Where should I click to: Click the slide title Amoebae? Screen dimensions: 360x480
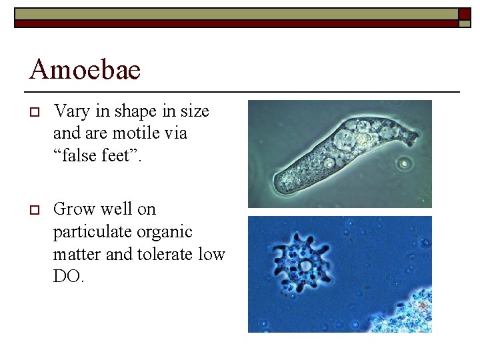85,69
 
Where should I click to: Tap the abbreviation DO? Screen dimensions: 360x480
68,277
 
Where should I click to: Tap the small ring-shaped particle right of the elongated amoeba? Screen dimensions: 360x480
403,163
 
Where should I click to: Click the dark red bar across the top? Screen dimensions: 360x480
233,24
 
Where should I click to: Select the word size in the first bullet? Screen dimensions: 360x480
194,111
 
